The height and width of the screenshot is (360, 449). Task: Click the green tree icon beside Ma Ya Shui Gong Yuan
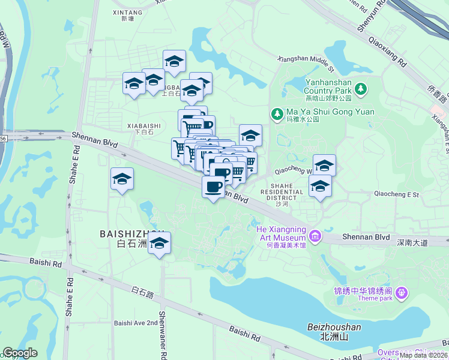pyautogui.click(x=277, y=113)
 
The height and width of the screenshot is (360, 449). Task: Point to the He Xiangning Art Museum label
pyautogui.click(x=281, y=233)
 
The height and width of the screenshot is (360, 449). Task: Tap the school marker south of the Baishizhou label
pyautogui.click(x=159, y=243)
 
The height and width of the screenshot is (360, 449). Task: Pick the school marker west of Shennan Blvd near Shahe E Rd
pyautogui.click(x=122, y=179)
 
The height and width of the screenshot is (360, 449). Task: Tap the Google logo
pyautogui.click(x=20, y=353)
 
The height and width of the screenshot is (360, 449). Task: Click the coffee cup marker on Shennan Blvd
pyautogui.click(x=213, y=187)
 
